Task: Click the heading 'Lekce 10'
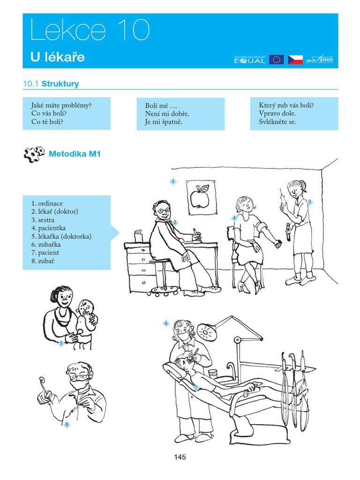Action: [x=90, y=30]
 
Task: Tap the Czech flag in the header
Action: [x=295, y=60]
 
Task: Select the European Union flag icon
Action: [x=276, y=60]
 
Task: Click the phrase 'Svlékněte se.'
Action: [x=277, y=122]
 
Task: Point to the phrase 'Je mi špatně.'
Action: [x=164, y=122]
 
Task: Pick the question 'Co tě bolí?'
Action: [x=47, y=122]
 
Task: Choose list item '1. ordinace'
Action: [x=47, y=203]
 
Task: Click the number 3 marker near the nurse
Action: [x=310, y=202]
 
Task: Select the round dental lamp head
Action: [x=206, y=332]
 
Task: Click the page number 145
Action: [x=180, y=457]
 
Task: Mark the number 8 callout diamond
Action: [x=67, y=425]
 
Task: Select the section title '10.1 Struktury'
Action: [x=51, y=84]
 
